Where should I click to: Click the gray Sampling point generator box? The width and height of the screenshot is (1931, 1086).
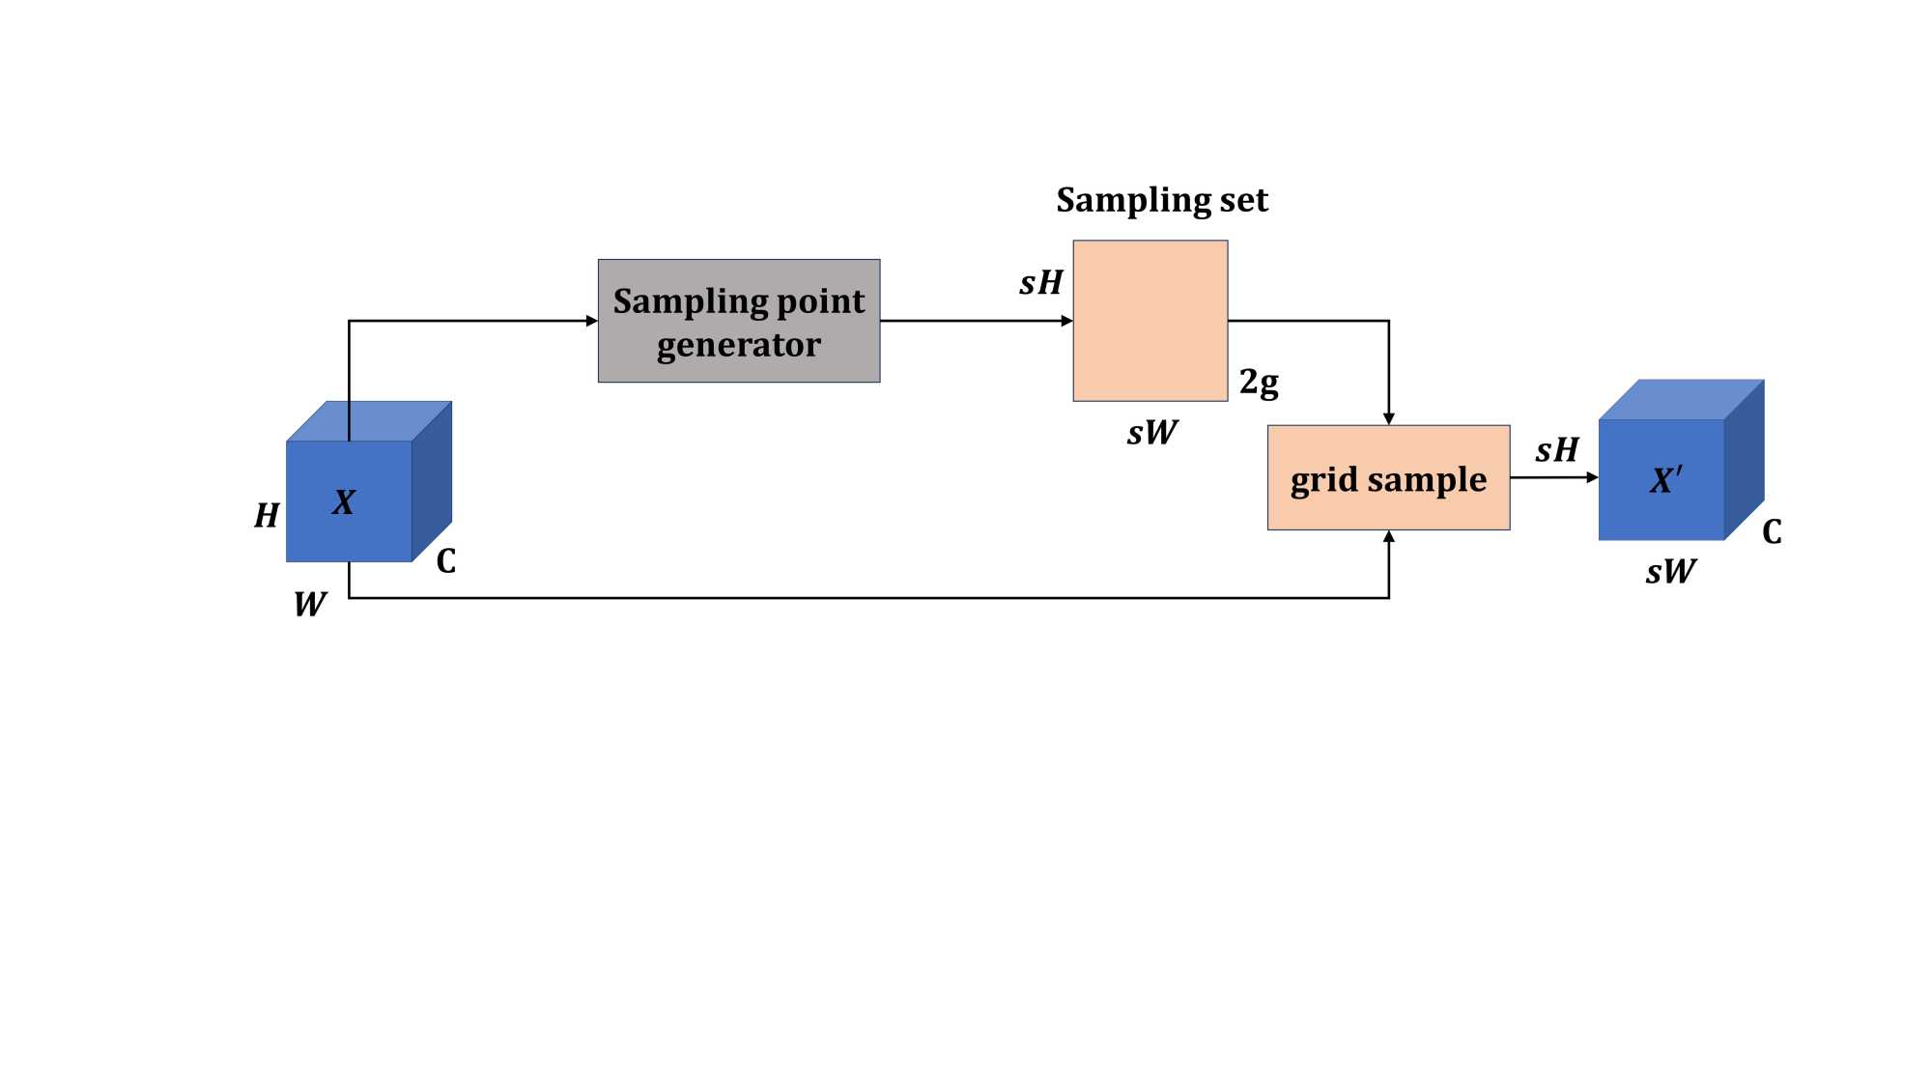point(738,321)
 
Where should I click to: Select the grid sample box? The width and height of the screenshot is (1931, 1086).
point(1388,478)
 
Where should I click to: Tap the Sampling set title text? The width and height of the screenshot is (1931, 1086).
point(1161,200)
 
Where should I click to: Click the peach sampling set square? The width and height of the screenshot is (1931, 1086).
point(1150,321)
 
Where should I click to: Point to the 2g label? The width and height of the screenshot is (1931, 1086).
point(1259,383)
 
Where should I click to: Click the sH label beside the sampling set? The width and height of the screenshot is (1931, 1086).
point(1041,283)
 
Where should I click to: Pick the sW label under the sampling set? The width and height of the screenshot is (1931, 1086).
point(1151,433)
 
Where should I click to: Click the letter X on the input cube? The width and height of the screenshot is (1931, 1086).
point(344,502)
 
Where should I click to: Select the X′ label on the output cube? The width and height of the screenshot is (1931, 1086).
point(1665,479)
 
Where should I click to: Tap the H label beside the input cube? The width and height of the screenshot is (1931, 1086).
point(267,516)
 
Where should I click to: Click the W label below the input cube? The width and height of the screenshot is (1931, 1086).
point(310,605)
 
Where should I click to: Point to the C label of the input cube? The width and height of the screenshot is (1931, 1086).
point(445,561)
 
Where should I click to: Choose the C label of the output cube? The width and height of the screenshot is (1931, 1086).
point(1772,531)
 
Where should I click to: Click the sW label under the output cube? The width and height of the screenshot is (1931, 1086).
point(1670,572)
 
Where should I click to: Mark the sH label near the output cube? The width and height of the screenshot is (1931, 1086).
point(1557,450)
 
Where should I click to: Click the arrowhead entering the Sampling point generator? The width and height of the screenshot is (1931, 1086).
point(591,321)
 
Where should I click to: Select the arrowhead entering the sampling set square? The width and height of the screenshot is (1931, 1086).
point(1066,321)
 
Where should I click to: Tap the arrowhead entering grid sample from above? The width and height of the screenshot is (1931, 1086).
point(1388,418)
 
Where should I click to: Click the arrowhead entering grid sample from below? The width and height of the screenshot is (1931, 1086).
point(1388,537)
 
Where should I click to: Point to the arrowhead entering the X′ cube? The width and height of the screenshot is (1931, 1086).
point(1592,477)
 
